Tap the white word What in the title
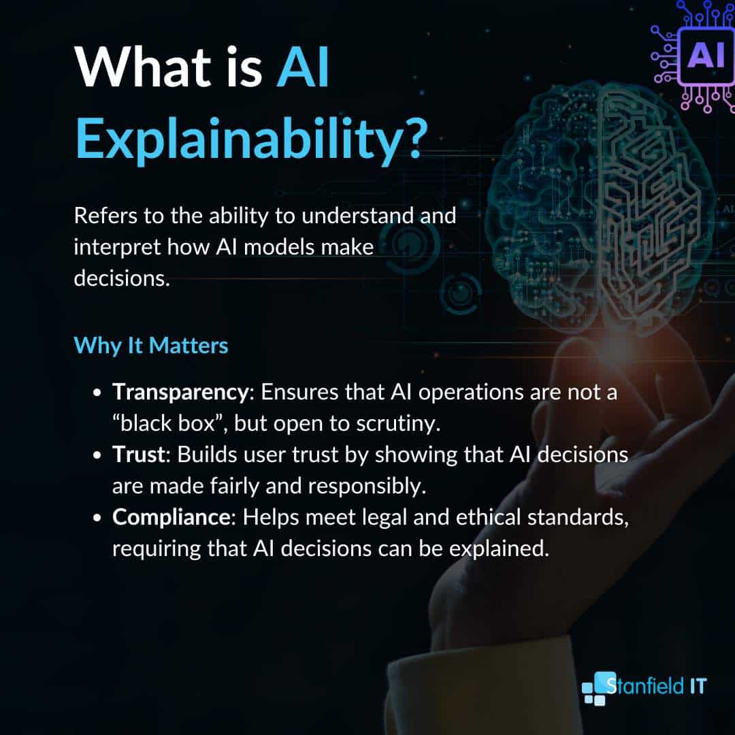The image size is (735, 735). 142,67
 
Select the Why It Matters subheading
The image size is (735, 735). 151,346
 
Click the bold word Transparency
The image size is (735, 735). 180,393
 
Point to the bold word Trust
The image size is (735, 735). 139,454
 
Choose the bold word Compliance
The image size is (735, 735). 171,517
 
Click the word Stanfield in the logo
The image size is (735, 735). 645,686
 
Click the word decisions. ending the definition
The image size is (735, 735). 122,278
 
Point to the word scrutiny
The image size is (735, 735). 398,424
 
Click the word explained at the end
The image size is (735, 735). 499,549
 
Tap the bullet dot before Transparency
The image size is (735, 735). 97,393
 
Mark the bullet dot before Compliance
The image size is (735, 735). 97,518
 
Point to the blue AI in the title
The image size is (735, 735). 303,67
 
